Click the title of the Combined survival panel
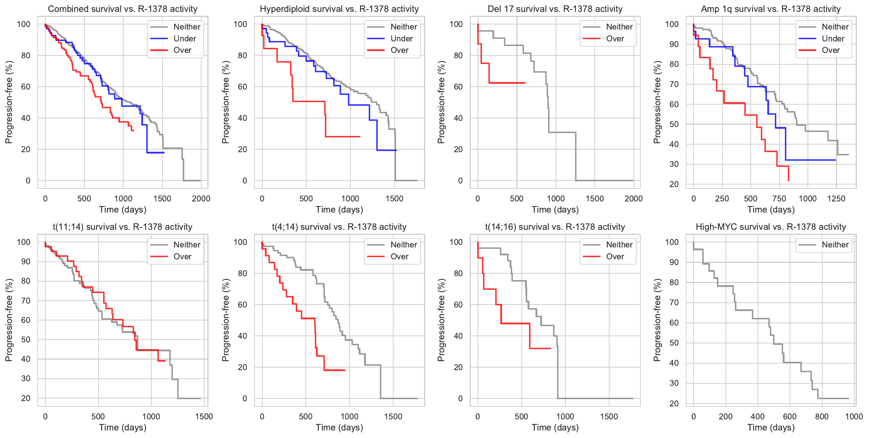123,9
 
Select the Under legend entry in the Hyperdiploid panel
401,38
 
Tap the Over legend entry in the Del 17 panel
615,38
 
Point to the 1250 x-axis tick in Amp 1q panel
836,199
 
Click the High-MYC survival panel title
771,227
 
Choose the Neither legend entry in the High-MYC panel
835,245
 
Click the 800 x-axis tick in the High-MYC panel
822,416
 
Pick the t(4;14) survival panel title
339,227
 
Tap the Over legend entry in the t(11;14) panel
182,256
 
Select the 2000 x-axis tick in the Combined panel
201,199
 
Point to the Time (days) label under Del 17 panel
555,210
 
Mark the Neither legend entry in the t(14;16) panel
619,245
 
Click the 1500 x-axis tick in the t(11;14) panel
204,416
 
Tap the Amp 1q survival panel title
771,9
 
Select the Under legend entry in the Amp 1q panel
833,38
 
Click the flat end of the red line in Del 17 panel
525,83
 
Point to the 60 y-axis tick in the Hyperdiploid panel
243,87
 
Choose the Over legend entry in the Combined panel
182,50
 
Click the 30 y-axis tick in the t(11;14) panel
26,378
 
